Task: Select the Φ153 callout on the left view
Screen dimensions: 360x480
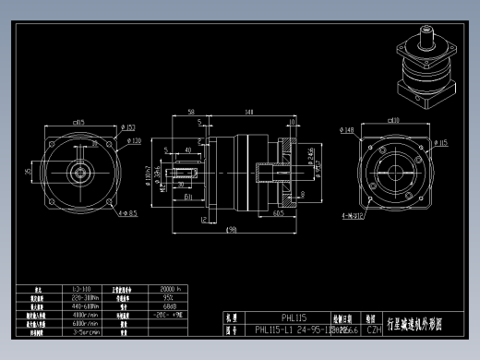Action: [128, 127]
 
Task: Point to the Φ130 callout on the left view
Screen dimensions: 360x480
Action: [134, 141]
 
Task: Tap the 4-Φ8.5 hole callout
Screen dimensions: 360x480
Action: [126, 213]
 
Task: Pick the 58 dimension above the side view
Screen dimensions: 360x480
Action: [190, 113]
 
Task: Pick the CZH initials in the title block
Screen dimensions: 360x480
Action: [375, 329]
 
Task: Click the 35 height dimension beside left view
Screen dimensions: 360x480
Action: [29, 171]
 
